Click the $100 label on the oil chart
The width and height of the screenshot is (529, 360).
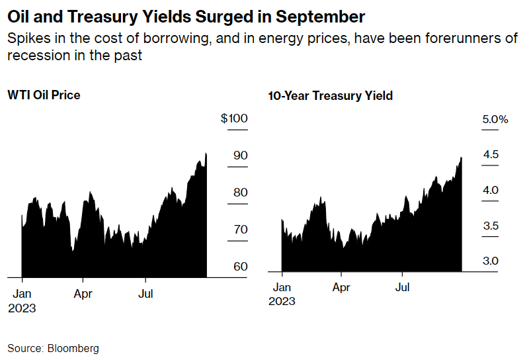tap(234, 119)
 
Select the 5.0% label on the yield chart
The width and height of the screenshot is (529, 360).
tap(495, 120)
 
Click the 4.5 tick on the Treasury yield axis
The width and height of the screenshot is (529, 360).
tap(491, 155)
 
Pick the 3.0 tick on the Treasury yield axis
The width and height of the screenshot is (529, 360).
tap(491, 261)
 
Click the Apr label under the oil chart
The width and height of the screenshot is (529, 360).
tap(83, 294)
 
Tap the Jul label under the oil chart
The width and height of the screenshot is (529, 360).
tap(145, 294)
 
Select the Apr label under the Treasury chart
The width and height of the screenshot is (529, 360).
tap(341, 288)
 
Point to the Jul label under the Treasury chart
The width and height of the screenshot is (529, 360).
tap(402, 288)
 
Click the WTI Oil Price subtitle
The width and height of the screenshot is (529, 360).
tap(44, 95)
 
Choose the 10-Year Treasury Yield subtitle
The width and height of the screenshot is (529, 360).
tap(330, 96)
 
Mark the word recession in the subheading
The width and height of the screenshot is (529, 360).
tap(33, 55)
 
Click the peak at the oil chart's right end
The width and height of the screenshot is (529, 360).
tap(206, 154)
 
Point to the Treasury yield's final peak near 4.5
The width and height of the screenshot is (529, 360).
tap(460, 158)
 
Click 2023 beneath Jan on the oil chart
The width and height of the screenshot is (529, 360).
tap(22, 308)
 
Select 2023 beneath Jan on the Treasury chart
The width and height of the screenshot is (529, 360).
tap(282, 302)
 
